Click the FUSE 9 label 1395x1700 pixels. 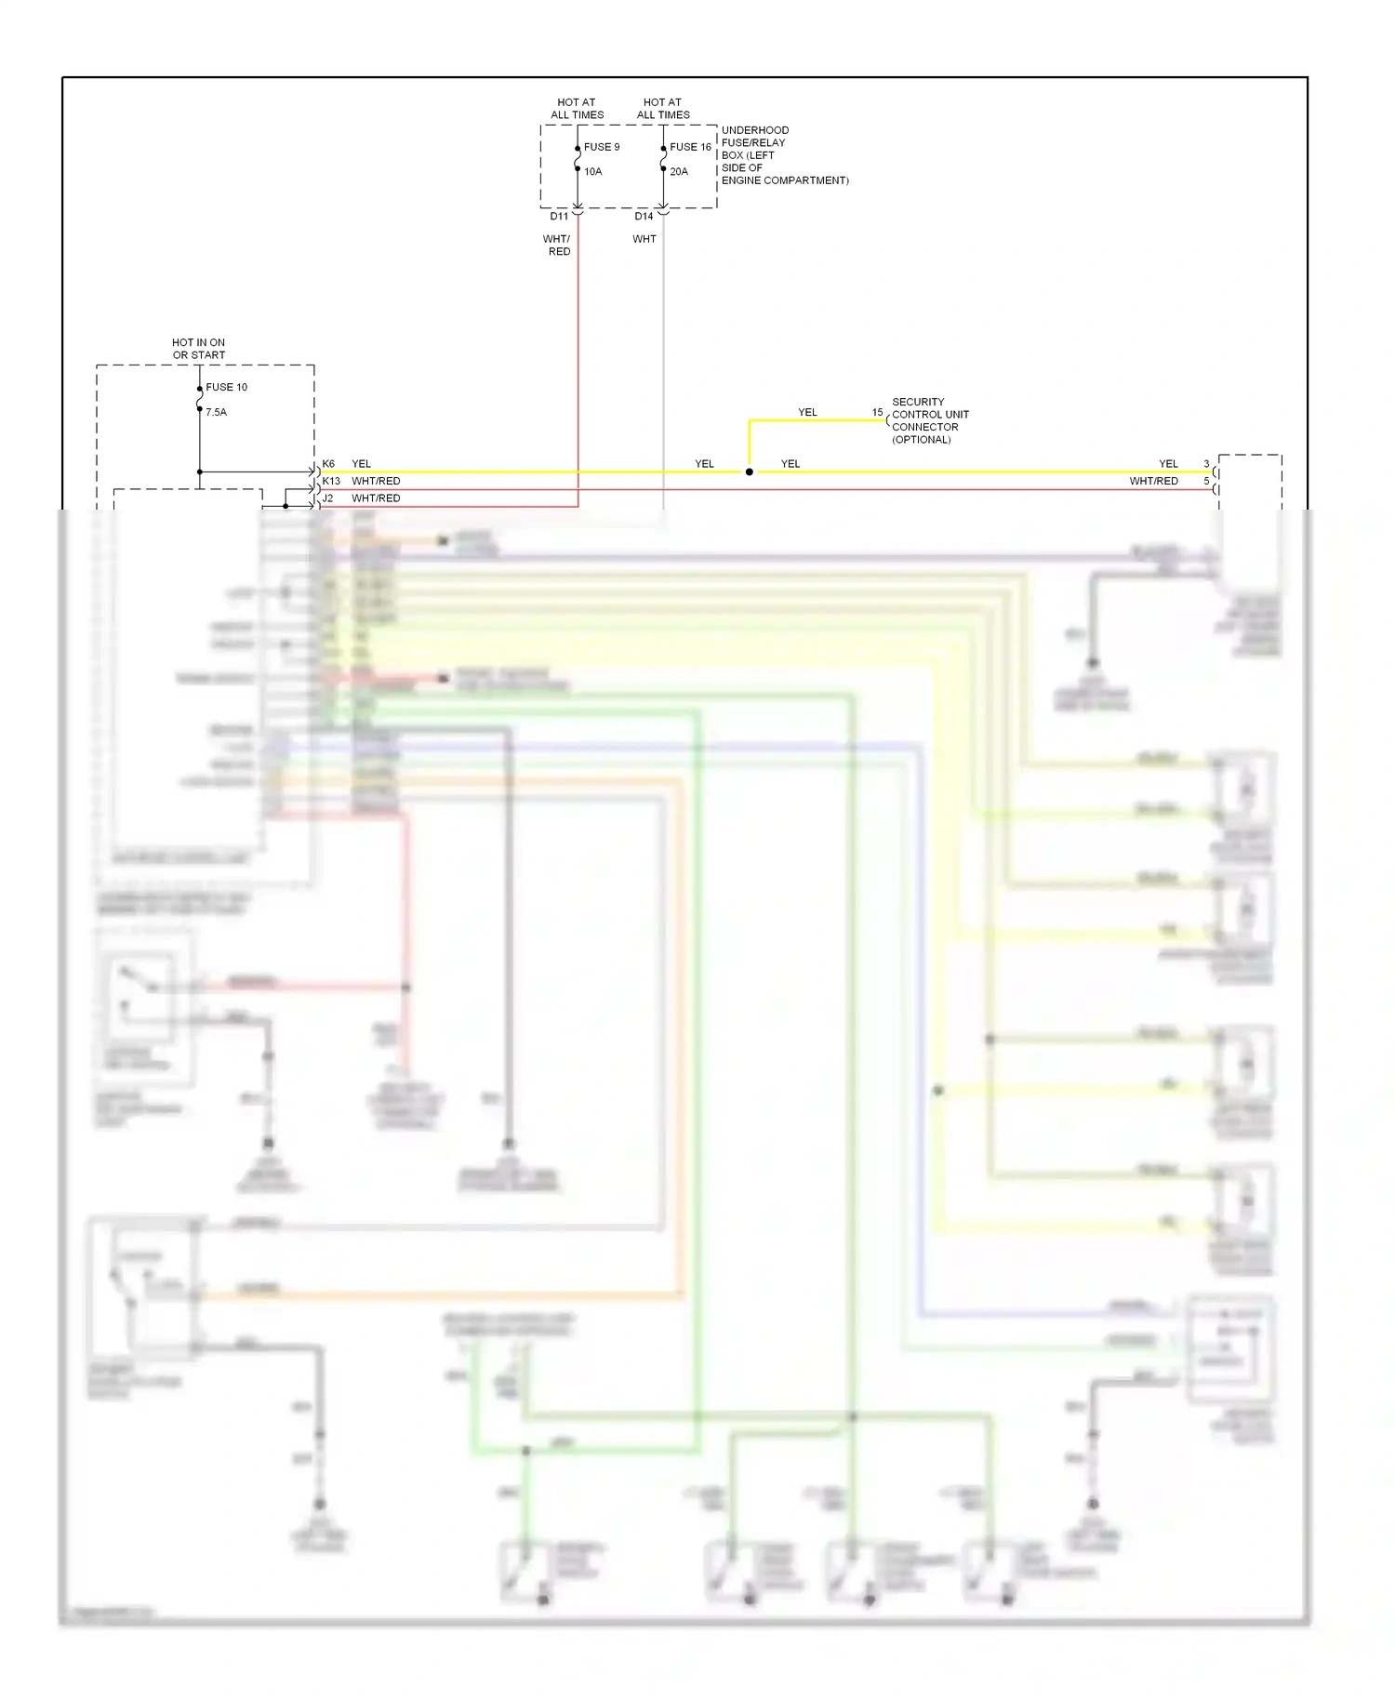[602, 147]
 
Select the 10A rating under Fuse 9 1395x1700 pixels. [593, 171]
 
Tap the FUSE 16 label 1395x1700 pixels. [690, 147]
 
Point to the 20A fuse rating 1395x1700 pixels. [679, 171]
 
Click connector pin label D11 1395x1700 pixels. [559, 216]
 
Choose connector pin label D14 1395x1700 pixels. [644, 216]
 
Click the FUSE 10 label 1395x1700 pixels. [227, 387]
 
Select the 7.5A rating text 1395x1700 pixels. [216, 412]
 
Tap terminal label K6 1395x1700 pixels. [328, 463]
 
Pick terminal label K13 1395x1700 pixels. [331, 481]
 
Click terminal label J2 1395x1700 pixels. [327, 498]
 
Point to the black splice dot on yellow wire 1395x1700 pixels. [750, 472]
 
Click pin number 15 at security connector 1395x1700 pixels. [877, 412]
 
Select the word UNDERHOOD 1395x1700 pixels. [755, 130]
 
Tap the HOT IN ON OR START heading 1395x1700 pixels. [198, 349]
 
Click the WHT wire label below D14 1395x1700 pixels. [644, 239]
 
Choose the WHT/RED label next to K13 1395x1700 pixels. [376, 481]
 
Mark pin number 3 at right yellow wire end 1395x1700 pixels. [1206, 463]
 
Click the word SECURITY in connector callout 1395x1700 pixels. [918, 402]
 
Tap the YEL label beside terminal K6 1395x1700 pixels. [361, 463]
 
